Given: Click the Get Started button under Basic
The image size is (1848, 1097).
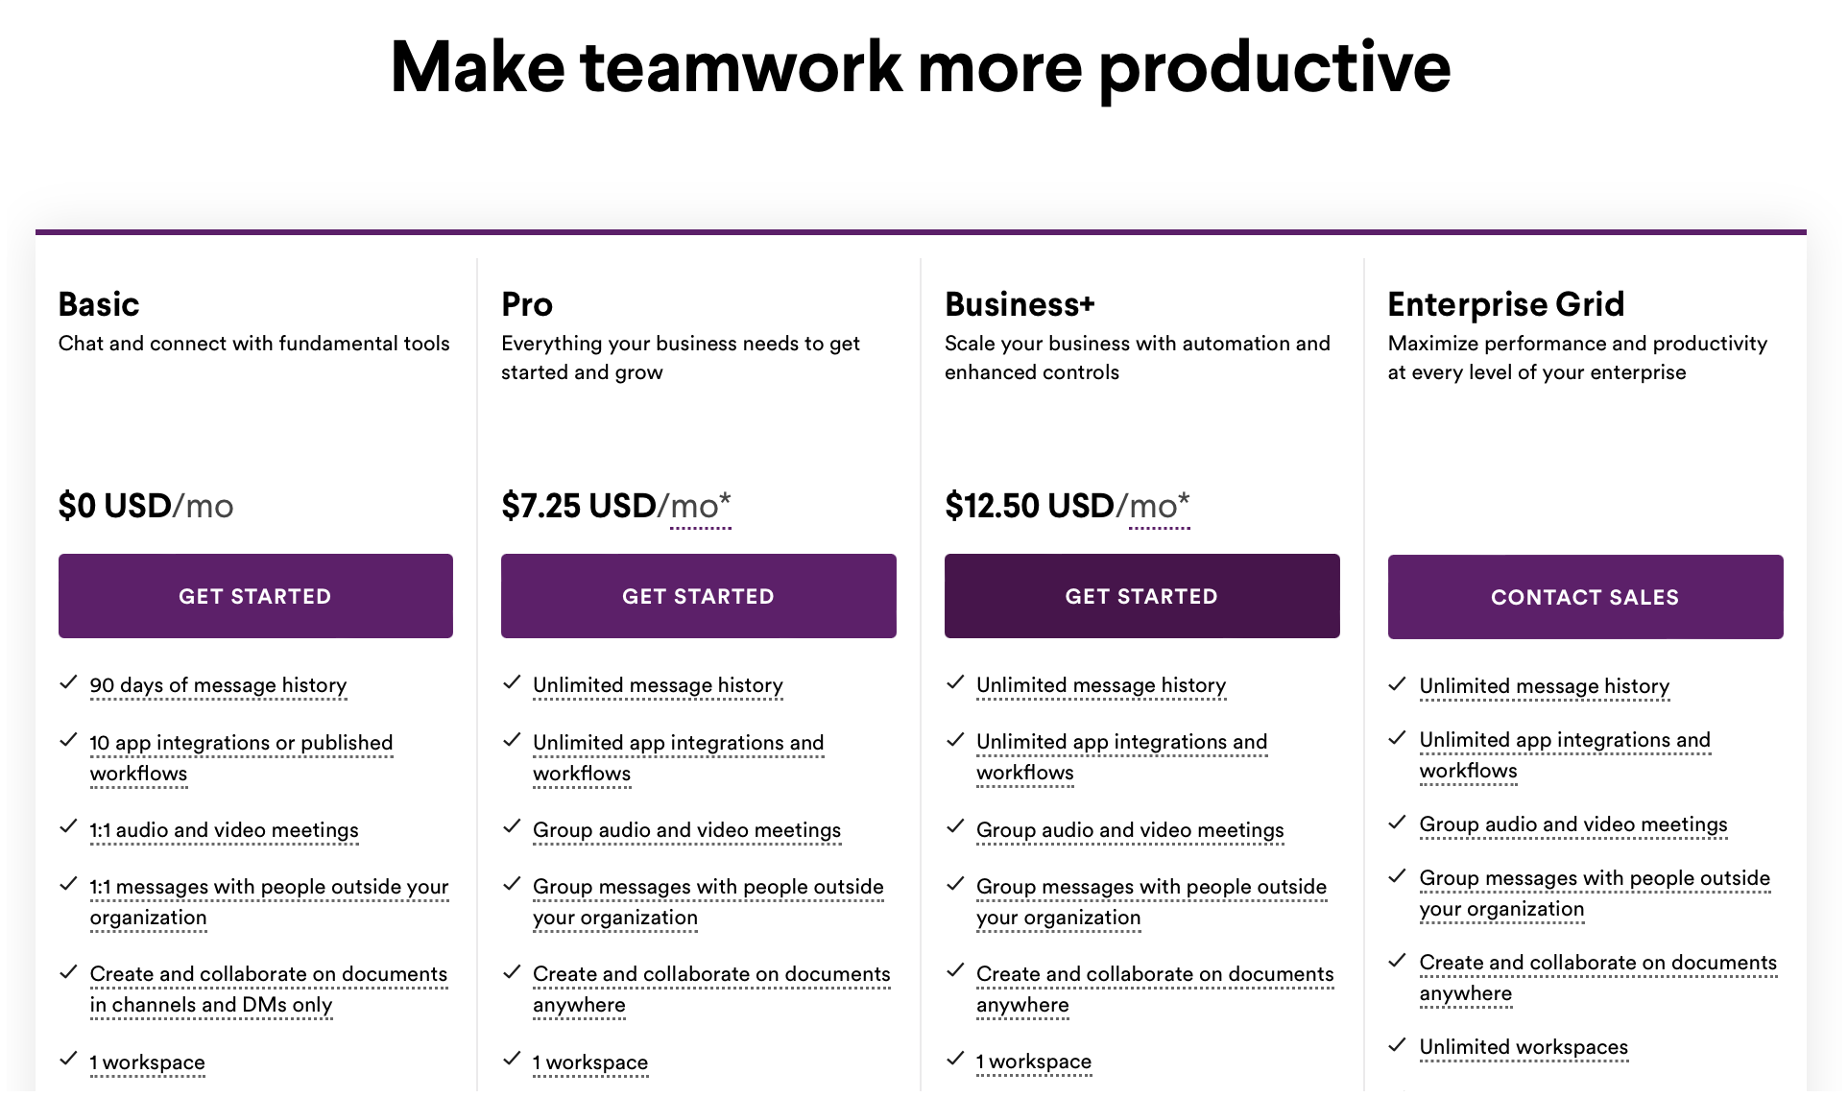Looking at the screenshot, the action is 255,596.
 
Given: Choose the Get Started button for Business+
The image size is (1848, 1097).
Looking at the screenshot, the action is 1141,596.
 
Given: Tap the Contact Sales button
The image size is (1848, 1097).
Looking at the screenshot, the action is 1585,597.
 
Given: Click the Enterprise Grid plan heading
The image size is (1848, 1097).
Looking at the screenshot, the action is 1506,304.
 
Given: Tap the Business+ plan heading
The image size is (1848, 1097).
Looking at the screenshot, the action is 1020,304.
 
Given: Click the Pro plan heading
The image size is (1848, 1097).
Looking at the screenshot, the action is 527,304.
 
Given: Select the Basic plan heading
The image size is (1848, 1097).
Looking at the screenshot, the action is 99,304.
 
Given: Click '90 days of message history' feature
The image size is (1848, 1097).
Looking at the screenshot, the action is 218,685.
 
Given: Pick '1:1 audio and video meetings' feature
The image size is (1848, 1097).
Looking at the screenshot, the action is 224,830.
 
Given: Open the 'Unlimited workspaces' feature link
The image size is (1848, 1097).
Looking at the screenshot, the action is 1524,1047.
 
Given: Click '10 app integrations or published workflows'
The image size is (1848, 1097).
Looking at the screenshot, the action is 241,758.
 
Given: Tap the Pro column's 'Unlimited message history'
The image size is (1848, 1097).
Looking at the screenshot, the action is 658,685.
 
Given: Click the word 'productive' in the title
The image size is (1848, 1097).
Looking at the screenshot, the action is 1274,69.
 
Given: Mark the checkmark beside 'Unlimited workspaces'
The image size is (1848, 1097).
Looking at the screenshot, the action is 1398,1045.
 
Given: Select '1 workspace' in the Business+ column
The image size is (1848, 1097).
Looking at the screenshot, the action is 1034,1061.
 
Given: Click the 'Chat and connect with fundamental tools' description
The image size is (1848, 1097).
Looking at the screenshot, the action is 254,344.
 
